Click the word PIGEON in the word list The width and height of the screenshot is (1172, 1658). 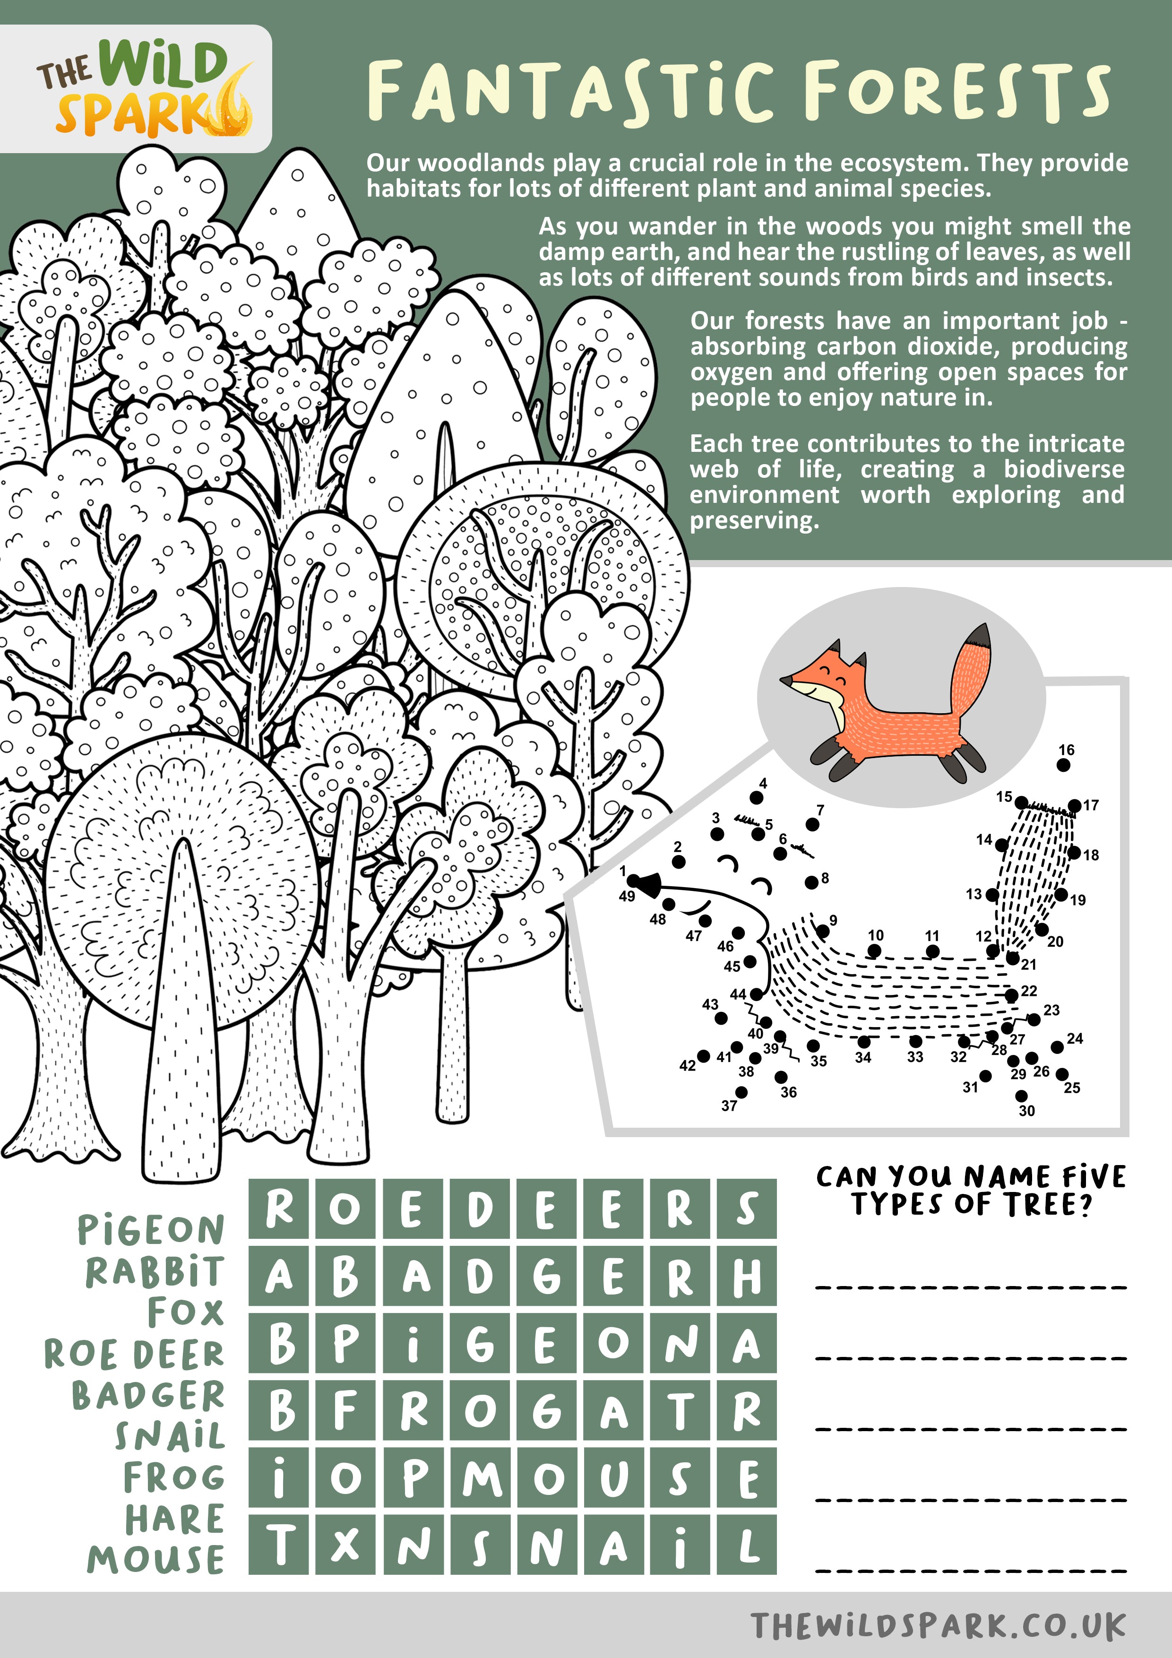coord(151,1230)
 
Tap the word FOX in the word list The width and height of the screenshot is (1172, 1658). coord(186,1312)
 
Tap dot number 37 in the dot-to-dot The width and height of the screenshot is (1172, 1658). coord(741,1092)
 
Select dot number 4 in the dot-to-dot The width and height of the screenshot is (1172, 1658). coord(756,798)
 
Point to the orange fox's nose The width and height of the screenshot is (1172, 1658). coord(784,680)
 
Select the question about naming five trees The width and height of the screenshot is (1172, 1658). coord(971,1190)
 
